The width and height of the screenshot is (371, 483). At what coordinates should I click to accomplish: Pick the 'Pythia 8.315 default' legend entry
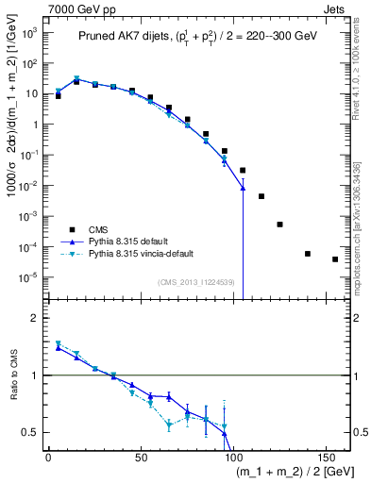(131, 241)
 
